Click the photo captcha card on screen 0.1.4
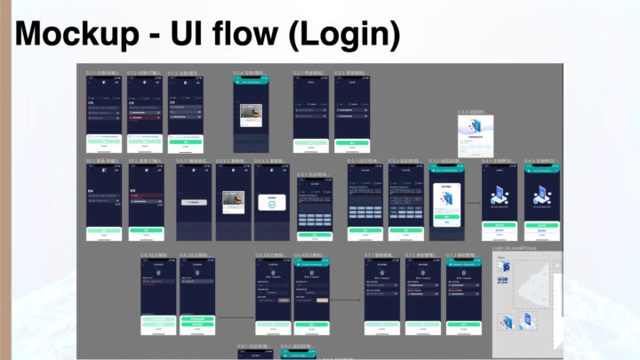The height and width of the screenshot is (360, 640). coord(251,115)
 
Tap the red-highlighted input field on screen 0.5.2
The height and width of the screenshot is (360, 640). coord(145,197)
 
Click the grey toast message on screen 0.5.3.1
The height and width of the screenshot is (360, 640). coord(195,203)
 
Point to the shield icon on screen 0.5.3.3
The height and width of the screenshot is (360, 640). coord(274,204)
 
